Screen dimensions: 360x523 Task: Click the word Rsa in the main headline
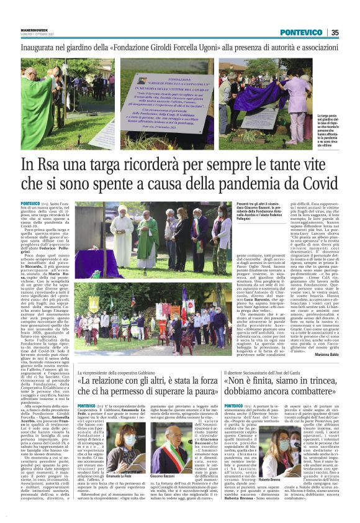coord(64,165)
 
